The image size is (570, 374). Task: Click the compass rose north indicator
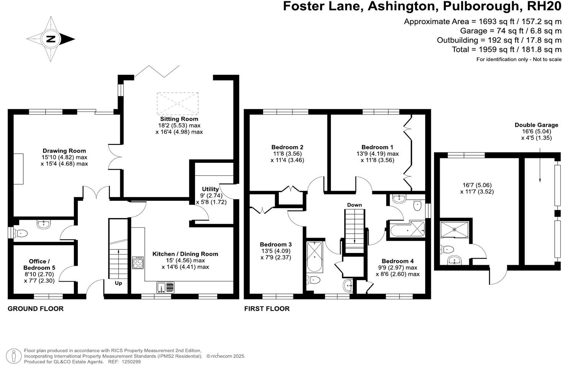pyautogui.click(x=51, y=39)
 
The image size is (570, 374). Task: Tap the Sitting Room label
pyautogui.click(x=179, y=119)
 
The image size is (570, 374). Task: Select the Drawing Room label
pyautogui.click(x=64, y=151)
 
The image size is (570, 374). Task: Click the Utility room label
pyautogui.click(x=210, y=189)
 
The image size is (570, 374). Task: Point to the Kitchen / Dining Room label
pyautogui.click(x=185, y=254)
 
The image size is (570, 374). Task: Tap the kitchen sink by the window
pyautogui.click(x=165, y=287)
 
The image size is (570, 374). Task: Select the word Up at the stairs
pyautogui.click(x=118, y=283)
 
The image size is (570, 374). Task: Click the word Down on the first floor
pyautogui.click(x=354, y=205)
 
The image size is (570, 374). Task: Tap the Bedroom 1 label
pyautogui.click(x=377, y=147)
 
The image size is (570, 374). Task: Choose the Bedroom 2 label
pyautogui.click(x=287, y=147)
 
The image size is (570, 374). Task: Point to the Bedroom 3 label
pyautogui.click(x=275, y=244)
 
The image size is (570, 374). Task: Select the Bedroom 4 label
pyautogui.click(x=398, y=261)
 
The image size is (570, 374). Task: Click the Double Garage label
pyautogui.click(x=536, y=125)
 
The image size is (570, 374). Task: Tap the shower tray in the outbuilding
pyautogui.click(x=454, y=230)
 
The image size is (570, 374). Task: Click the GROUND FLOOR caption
pyautogui.click(x=36, y=309)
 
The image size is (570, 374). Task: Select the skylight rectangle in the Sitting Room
pyautogui.click(x=177, y=103)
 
